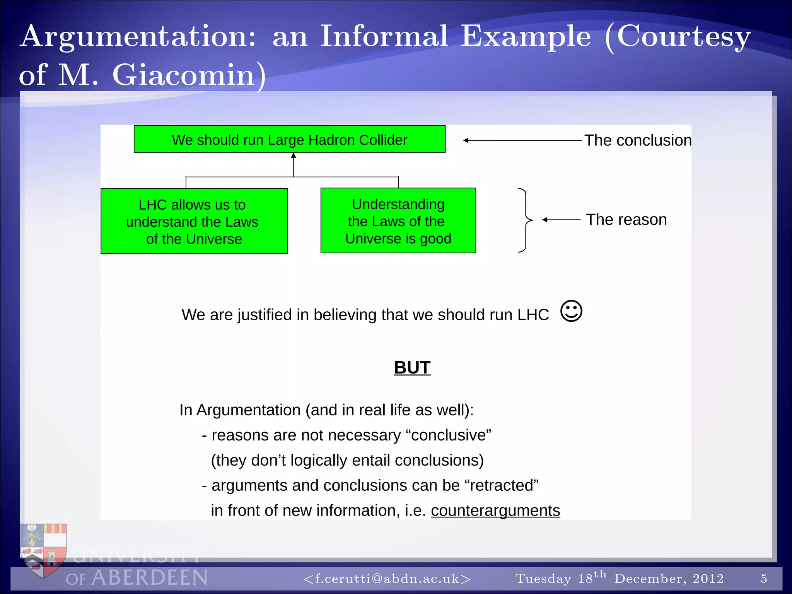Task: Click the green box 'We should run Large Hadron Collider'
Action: pos(289,139)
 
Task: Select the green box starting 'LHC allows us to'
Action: pos(194,221)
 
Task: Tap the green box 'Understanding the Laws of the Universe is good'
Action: pos(398,221)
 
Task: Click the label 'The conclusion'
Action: pos(637,140)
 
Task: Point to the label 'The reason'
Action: pos(626,220)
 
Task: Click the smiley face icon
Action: pos(571,311)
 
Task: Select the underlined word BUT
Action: pos(412,367)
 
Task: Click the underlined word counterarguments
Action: pos(495,510)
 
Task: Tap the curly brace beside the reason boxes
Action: pos(525,220)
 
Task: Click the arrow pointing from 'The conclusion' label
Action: pos(522,140)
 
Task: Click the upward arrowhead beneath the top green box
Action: pos(294,156)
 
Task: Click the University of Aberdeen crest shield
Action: pos(44,549)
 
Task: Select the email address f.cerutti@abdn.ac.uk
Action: pos(387,579)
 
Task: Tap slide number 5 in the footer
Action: pos(763,579)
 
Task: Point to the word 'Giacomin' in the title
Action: pos(184,75)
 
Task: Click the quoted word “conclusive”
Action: pos(449,435)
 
